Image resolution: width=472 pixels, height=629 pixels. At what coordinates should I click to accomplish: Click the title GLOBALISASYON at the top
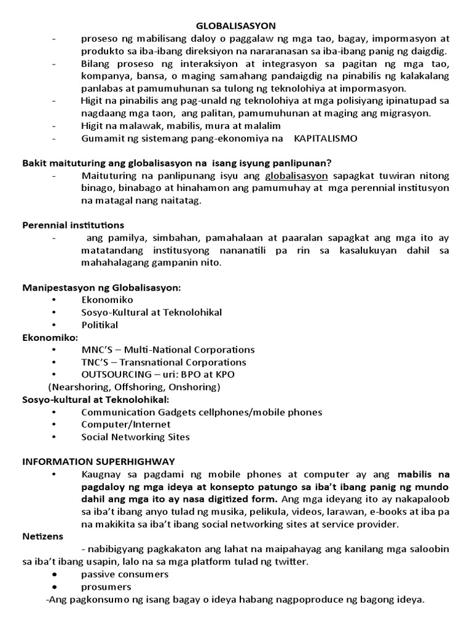235,25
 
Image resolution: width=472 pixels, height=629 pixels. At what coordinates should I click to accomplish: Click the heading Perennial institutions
73,225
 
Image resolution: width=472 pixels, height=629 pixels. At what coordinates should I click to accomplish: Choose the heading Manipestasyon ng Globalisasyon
101,287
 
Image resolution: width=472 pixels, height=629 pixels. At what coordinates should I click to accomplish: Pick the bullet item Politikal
100,325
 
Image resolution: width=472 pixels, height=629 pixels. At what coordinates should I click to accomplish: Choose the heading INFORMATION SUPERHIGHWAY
98,461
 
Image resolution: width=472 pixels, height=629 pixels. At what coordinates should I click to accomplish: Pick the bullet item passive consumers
125,574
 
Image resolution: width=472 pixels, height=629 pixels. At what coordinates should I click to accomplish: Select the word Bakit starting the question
34,163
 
